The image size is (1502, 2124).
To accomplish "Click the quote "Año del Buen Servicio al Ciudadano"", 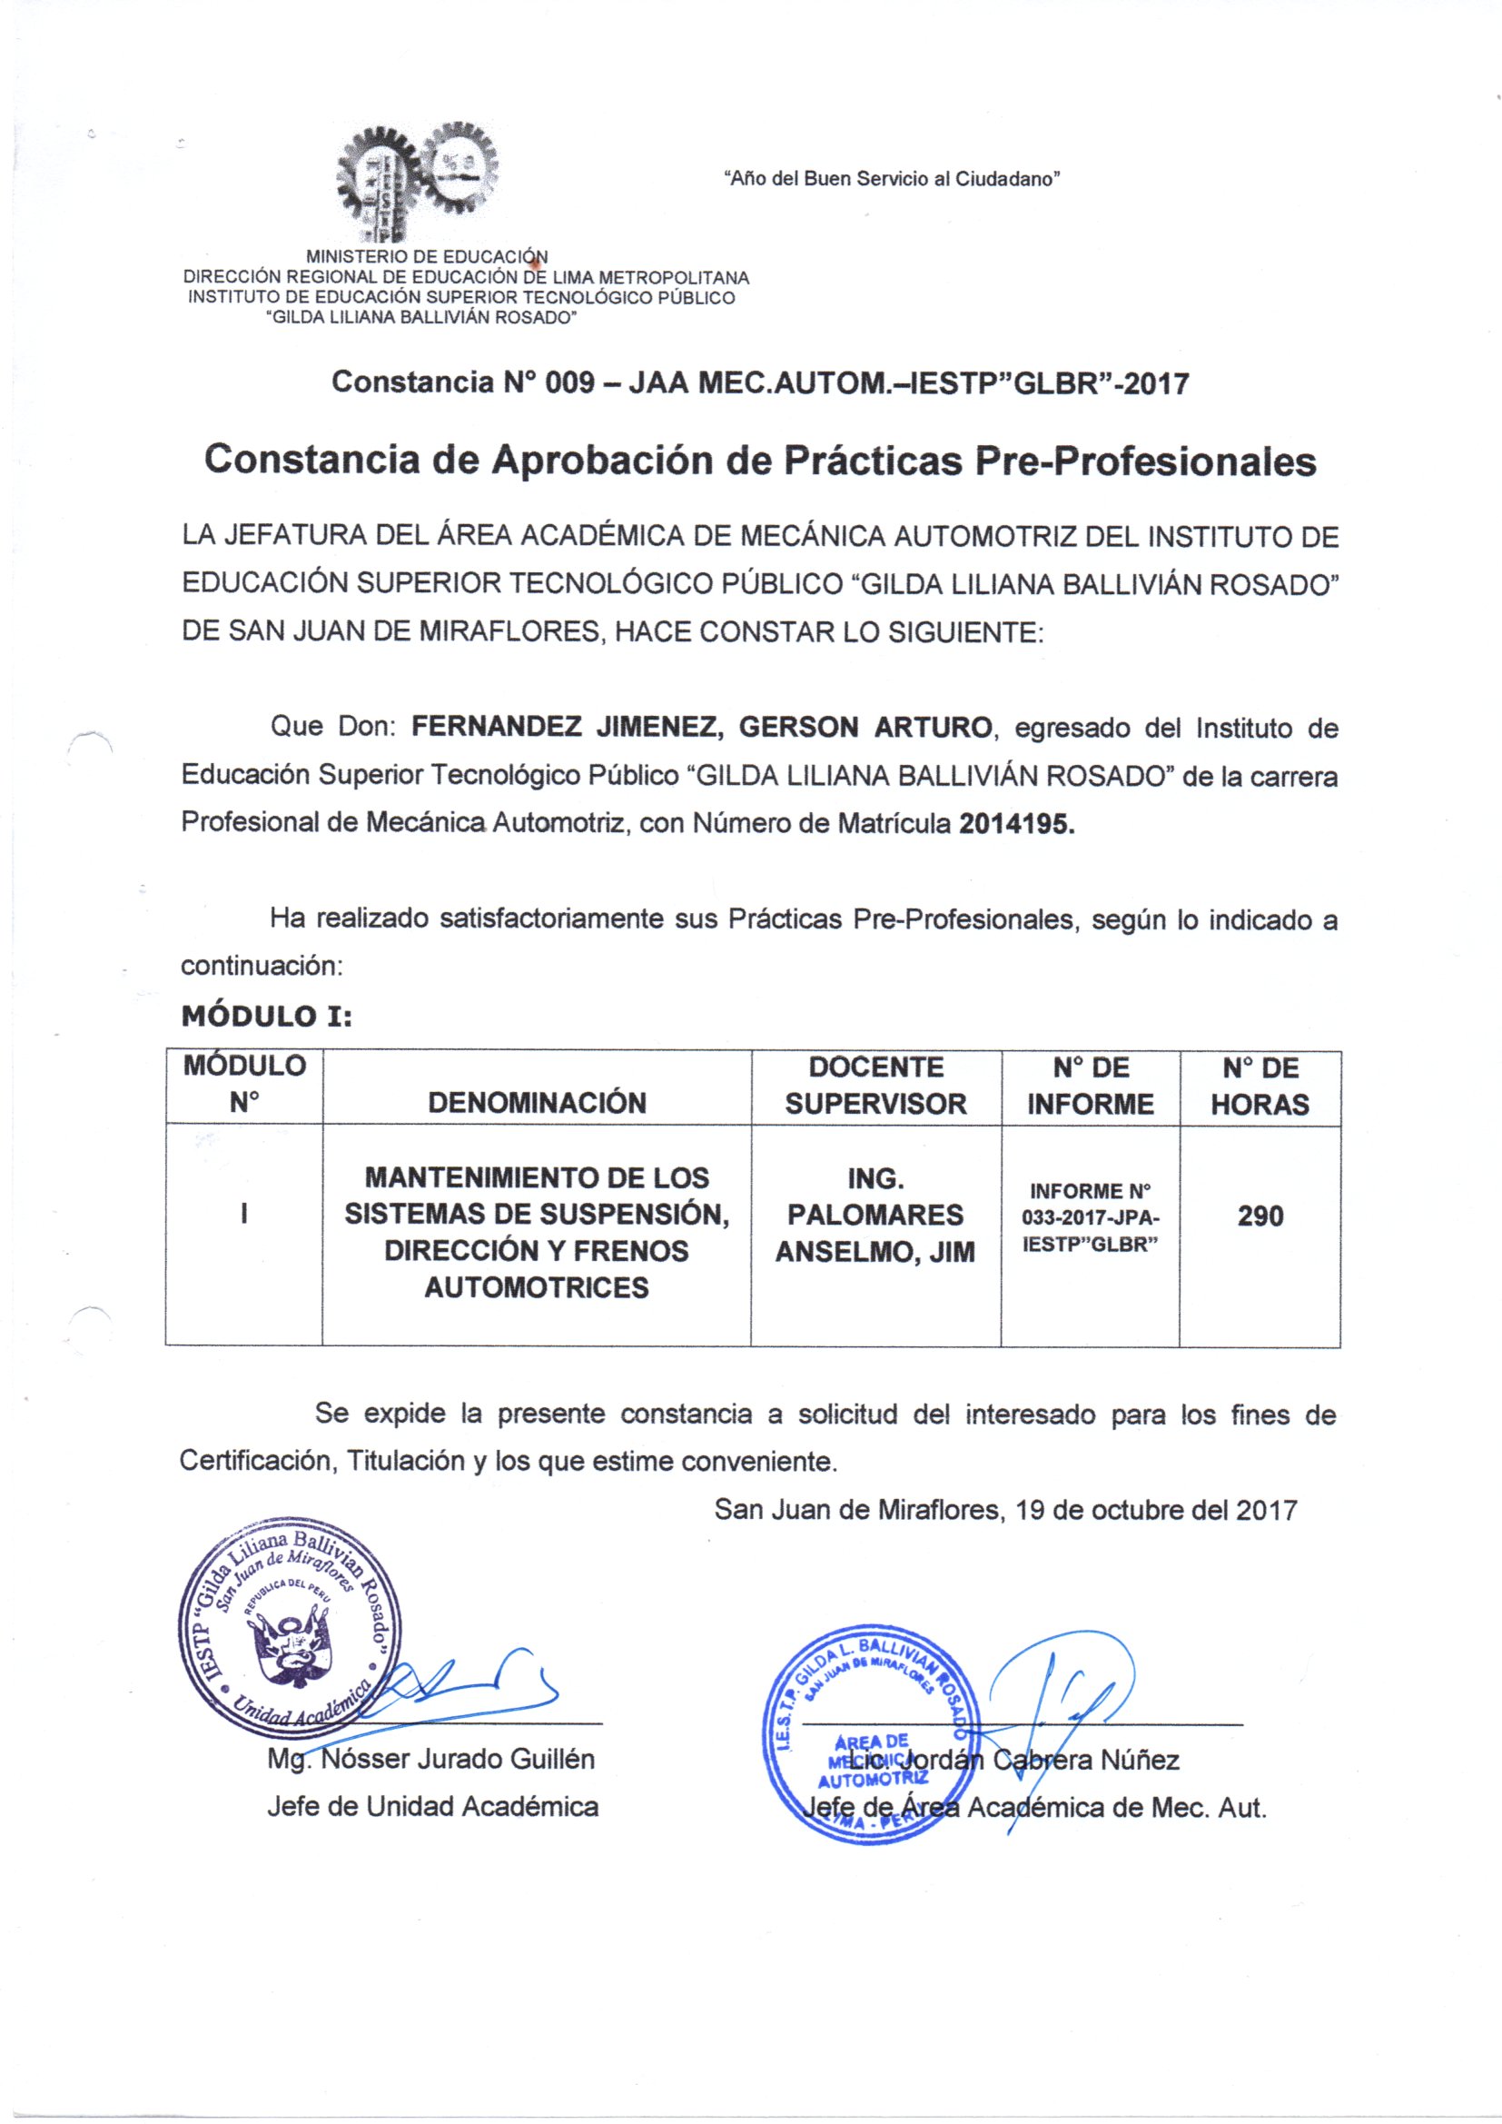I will point(891,179).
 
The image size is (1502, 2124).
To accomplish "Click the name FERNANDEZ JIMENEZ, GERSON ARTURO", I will point(701,727).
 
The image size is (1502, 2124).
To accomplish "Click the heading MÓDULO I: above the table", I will point(266,1017).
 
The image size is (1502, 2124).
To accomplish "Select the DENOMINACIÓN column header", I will point(537,1102).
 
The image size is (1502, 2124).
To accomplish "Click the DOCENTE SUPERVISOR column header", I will point(875,1085).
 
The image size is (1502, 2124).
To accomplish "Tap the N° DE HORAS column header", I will point(1260,1086).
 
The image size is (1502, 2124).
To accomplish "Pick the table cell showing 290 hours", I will point(1260,1216).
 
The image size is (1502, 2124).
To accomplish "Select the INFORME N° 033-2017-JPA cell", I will point(1090,1216).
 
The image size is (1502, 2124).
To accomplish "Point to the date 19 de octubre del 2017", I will point(1155,1511).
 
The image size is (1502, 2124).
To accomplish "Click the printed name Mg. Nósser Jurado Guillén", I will point(431,1759).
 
